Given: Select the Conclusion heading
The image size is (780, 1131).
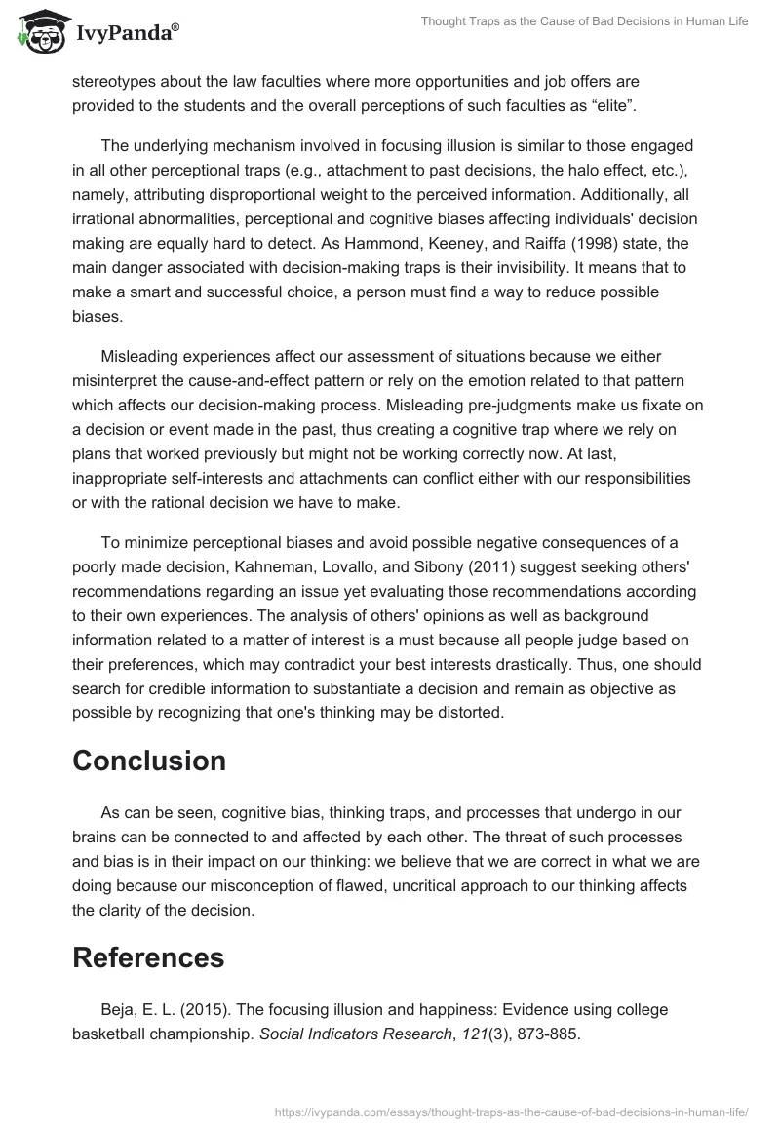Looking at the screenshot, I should click(149, 760).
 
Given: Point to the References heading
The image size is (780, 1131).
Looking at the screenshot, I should click(148, 957).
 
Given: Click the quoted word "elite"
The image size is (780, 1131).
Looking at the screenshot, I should click(611, 105).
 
